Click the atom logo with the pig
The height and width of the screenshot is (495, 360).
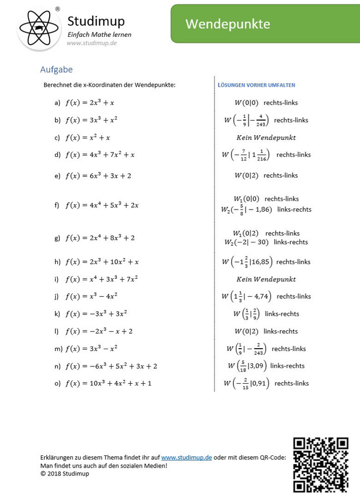point(39,28)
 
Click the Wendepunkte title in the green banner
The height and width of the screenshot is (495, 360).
point(228,24)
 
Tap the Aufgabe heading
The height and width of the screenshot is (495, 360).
point(56,70)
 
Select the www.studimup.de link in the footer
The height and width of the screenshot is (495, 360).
point(186,457)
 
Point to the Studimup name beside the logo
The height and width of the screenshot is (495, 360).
point(96,21)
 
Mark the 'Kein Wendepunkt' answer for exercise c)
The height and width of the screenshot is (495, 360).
point(266,137)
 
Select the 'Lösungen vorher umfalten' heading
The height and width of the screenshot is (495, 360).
point(256,85)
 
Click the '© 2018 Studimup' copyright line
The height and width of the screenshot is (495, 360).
point(65,473)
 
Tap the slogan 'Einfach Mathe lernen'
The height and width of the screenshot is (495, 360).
point(99,35)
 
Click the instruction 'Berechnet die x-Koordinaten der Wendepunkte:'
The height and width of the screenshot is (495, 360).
point(109,85)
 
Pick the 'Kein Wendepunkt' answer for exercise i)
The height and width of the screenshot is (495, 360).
point(266,279)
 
